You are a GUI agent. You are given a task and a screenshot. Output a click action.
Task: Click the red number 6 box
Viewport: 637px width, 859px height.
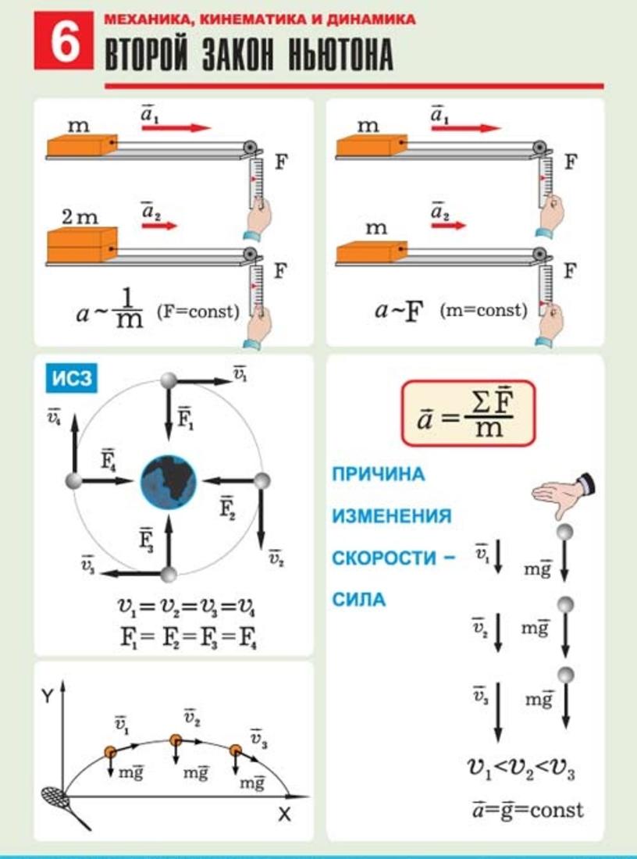pos(63,41)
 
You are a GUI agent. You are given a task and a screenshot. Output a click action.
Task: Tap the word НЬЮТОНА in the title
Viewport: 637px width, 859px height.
pos(340,55)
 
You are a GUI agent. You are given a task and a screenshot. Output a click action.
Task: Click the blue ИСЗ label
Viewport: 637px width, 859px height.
pos(72,379)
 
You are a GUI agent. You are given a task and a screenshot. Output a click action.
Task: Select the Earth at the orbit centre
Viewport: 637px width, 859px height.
pos(169,481)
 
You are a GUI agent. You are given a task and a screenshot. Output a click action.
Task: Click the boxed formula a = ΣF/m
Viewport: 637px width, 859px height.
pos(468,413)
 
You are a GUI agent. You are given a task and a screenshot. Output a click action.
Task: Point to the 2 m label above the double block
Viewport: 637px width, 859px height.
pos(80,218)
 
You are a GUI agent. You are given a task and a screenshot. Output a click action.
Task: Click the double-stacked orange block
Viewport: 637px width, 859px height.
pos(82,244)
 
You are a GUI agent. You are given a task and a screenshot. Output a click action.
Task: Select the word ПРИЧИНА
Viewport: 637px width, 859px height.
pos(379,474)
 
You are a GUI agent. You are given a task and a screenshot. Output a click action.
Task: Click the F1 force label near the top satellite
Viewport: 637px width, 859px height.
pos(185,419)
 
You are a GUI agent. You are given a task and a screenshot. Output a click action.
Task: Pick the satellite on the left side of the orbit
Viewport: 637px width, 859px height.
pos(73,481)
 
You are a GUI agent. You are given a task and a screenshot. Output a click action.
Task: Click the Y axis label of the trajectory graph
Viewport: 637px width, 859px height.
pos(48,697)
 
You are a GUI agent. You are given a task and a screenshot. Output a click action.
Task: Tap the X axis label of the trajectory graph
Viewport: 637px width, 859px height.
pos(284,814)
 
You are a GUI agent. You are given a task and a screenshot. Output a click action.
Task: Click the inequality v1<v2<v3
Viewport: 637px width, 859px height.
pos(521,768)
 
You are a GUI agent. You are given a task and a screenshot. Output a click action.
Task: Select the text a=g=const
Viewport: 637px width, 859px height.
pos(528,810)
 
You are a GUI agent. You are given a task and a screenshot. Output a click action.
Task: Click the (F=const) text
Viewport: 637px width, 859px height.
pos(198,312)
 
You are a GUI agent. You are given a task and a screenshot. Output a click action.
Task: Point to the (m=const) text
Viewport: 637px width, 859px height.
pos(483,311)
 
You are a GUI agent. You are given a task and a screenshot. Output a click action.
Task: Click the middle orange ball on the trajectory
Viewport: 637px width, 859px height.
pos(176,740)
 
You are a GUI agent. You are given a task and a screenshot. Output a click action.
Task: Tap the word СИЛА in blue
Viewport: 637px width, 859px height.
pos(359,600)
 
